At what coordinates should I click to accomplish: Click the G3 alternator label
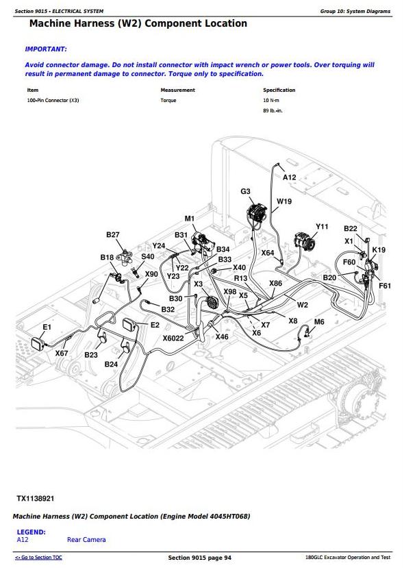coord(245,191)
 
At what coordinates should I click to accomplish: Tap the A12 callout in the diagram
coord(289,177)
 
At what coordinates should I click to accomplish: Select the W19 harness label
coord(284,201)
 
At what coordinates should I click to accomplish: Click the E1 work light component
coord(38,343)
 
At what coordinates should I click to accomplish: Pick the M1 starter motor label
coord(190,219)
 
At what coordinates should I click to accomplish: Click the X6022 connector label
coord(173,338)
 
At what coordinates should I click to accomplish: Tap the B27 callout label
coord(112,235)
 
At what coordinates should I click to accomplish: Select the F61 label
coord(385,286)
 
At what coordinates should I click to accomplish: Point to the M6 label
coord(319,321)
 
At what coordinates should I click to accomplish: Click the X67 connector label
coord(62,353)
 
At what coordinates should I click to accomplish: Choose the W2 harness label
coord(302,305)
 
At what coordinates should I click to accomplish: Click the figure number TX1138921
coord(36,498)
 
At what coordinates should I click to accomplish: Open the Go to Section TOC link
coord(38,558)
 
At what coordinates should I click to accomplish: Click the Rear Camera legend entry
coord(86,540)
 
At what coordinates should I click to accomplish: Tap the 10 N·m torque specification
coord(271,100)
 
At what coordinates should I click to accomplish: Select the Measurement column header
coord(178,90)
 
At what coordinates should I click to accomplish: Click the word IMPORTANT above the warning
coord(46,49)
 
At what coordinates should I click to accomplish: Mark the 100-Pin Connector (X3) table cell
coord(53,100)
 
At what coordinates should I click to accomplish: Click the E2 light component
coord(129,324)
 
